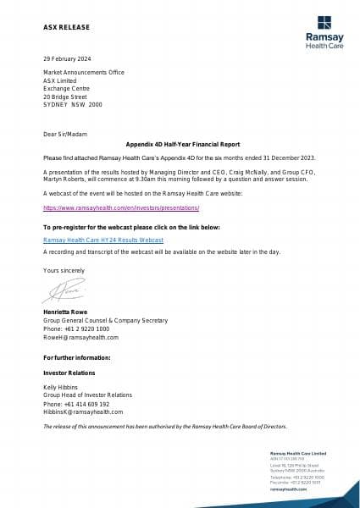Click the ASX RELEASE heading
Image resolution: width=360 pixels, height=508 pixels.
pyautogui.click(x=66, y=27)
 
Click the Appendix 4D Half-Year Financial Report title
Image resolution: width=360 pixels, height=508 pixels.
pyautogui.click(x=180, y=145)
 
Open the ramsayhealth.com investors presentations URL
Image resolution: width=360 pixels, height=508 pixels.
pyautogui.click(x=120, y=207)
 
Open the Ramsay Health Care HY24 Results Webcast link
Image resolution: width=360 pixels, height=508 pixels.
pyautogui.click(x=102, y=240)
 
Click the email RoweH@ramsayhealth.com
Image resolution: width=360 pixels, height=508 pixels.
pyautogui.click(x=81, y=337)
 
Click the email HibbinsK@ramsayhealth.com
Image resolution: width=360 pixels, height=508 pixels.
pyautogui.click(x=83, y=412)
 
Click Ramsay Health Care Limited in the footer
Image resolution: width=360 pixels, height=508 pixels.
pyautogui.click(x=293, y=456)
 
